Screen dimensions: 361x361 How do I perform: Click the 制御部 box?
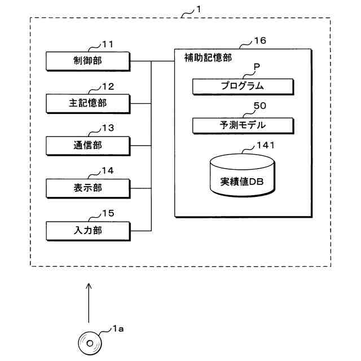(x=88, y=61)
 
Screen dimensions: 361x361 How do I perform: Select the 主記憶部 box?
(x=88, y=104)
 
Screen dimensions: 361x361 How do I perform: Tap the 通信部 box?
(x=88, y=146)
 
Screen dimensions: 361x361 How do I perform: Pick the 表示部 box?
(x=88, y=188)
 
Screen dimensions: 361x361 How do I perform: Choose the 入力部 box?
(x=88, y=231)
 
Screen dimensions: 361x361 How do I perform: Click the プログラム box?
(x=243, y=86)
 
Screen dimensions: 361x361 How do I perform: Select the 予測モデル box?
(x=243, y=126)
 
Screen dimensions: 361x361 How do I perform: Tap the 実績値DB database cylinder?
(x=243, y=175)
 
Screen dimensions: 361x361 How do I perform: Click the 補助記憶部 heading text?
(x=208, y=58)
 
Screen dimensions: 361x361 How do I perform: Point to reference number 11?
(x=108, y=44)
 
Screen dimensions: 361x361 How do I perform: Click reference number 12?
(x=108, y=86)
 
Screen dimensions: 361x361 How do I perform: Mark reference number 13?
(x=108, y=128)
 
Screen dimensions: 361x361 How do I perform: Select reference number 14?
(x=108, y=170)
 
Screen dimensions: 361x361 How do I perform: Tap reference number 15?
(x=108, y=213)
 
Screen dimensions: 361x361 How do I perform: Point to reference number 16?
(x=260, y=41)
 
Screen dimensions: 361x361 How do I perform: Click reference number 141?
(x=266, y=146)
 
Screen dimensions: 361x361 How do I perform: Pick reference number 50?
(x=260, y=105)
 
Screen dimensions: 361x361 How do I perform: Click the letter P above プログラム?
(x=257, y=67)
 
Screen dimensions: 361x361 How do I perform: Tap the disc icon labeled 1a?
(x=90, y=344)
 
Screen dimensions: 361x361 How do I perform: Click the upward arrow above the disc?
(x=89, y=303)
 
